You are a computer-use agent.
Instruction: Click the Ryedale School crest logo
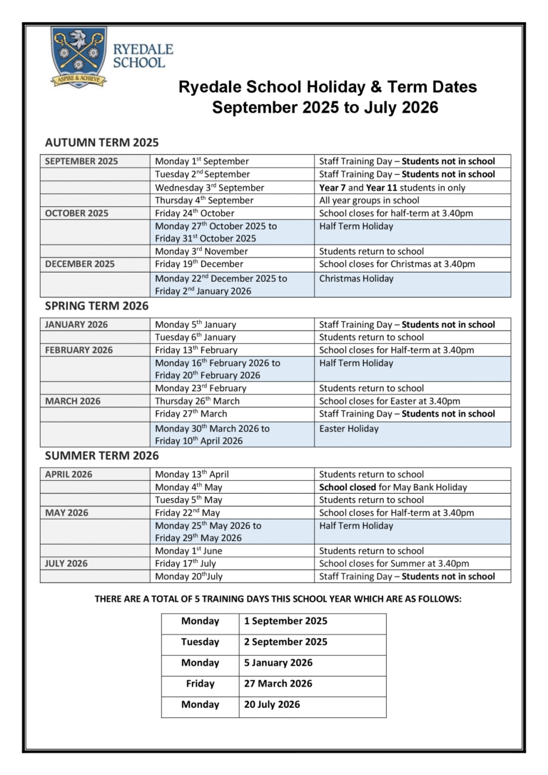tap(78, 56)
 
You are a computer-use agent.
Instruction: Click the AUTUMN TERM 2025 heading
tap(101, 142)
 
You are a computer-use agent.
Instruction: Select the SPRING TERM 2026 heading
tap(96, 305)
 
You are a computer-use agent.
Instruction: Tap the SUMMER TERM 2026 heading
tap(101, 455)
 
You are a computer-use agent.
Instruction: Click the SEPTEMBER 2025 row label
tap(81, 161)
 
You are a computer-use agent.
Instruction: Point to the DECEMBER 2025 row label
tap(79, 264)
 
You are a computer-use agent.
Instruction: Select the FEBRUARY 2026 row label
tap(78, 350)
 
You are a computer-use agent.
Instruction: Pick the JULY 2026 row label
tap(66, 564)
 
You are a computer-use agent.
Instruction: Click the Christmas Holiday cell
tap(356, 279)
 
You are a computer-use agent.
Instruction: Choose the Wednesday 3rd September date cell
tap(209, 188)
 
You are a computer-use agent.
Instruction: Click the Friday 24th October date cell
tap(194, 213)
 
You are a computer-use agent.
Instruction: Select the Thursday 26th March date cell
tap(197, 401)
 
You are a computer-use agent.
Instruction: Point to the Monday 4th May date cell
tap(188, 487)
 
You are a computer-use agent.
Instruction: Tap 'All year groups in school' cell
tap(369, 201)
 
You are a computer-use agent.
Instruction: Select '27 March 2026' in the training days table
tap(278, 684)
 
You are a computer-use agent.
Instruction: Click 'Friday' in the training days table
tap(200, 684)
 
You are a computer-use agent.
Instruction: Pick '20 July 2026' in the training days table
tap(272, 704)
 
